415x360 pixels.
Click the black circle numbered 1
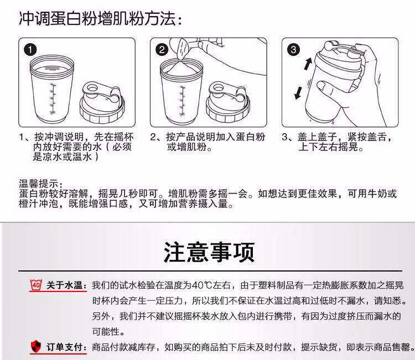(x=30, y=49)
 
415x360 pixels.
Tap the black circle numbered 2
(x=162, y=49)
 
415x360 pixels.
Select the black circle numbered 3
(x=293, y=49)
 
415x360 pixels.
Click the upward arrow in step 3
(x=308, y=64)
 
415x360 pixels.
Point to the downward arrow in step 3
(x=298, y=93)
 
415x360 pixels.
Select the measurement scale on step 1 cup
(x=53, y=98)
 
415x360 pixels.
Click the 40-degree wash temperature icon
(x=36, y=285)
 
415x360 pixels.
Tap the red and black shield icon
(x=36, y=346)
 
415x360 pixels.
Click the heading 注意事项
(x=209, y=252)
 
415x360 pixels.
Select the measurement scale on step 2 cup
(x=182, y=101)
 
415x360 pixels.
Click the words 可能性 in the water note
(x=106, y=331)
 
